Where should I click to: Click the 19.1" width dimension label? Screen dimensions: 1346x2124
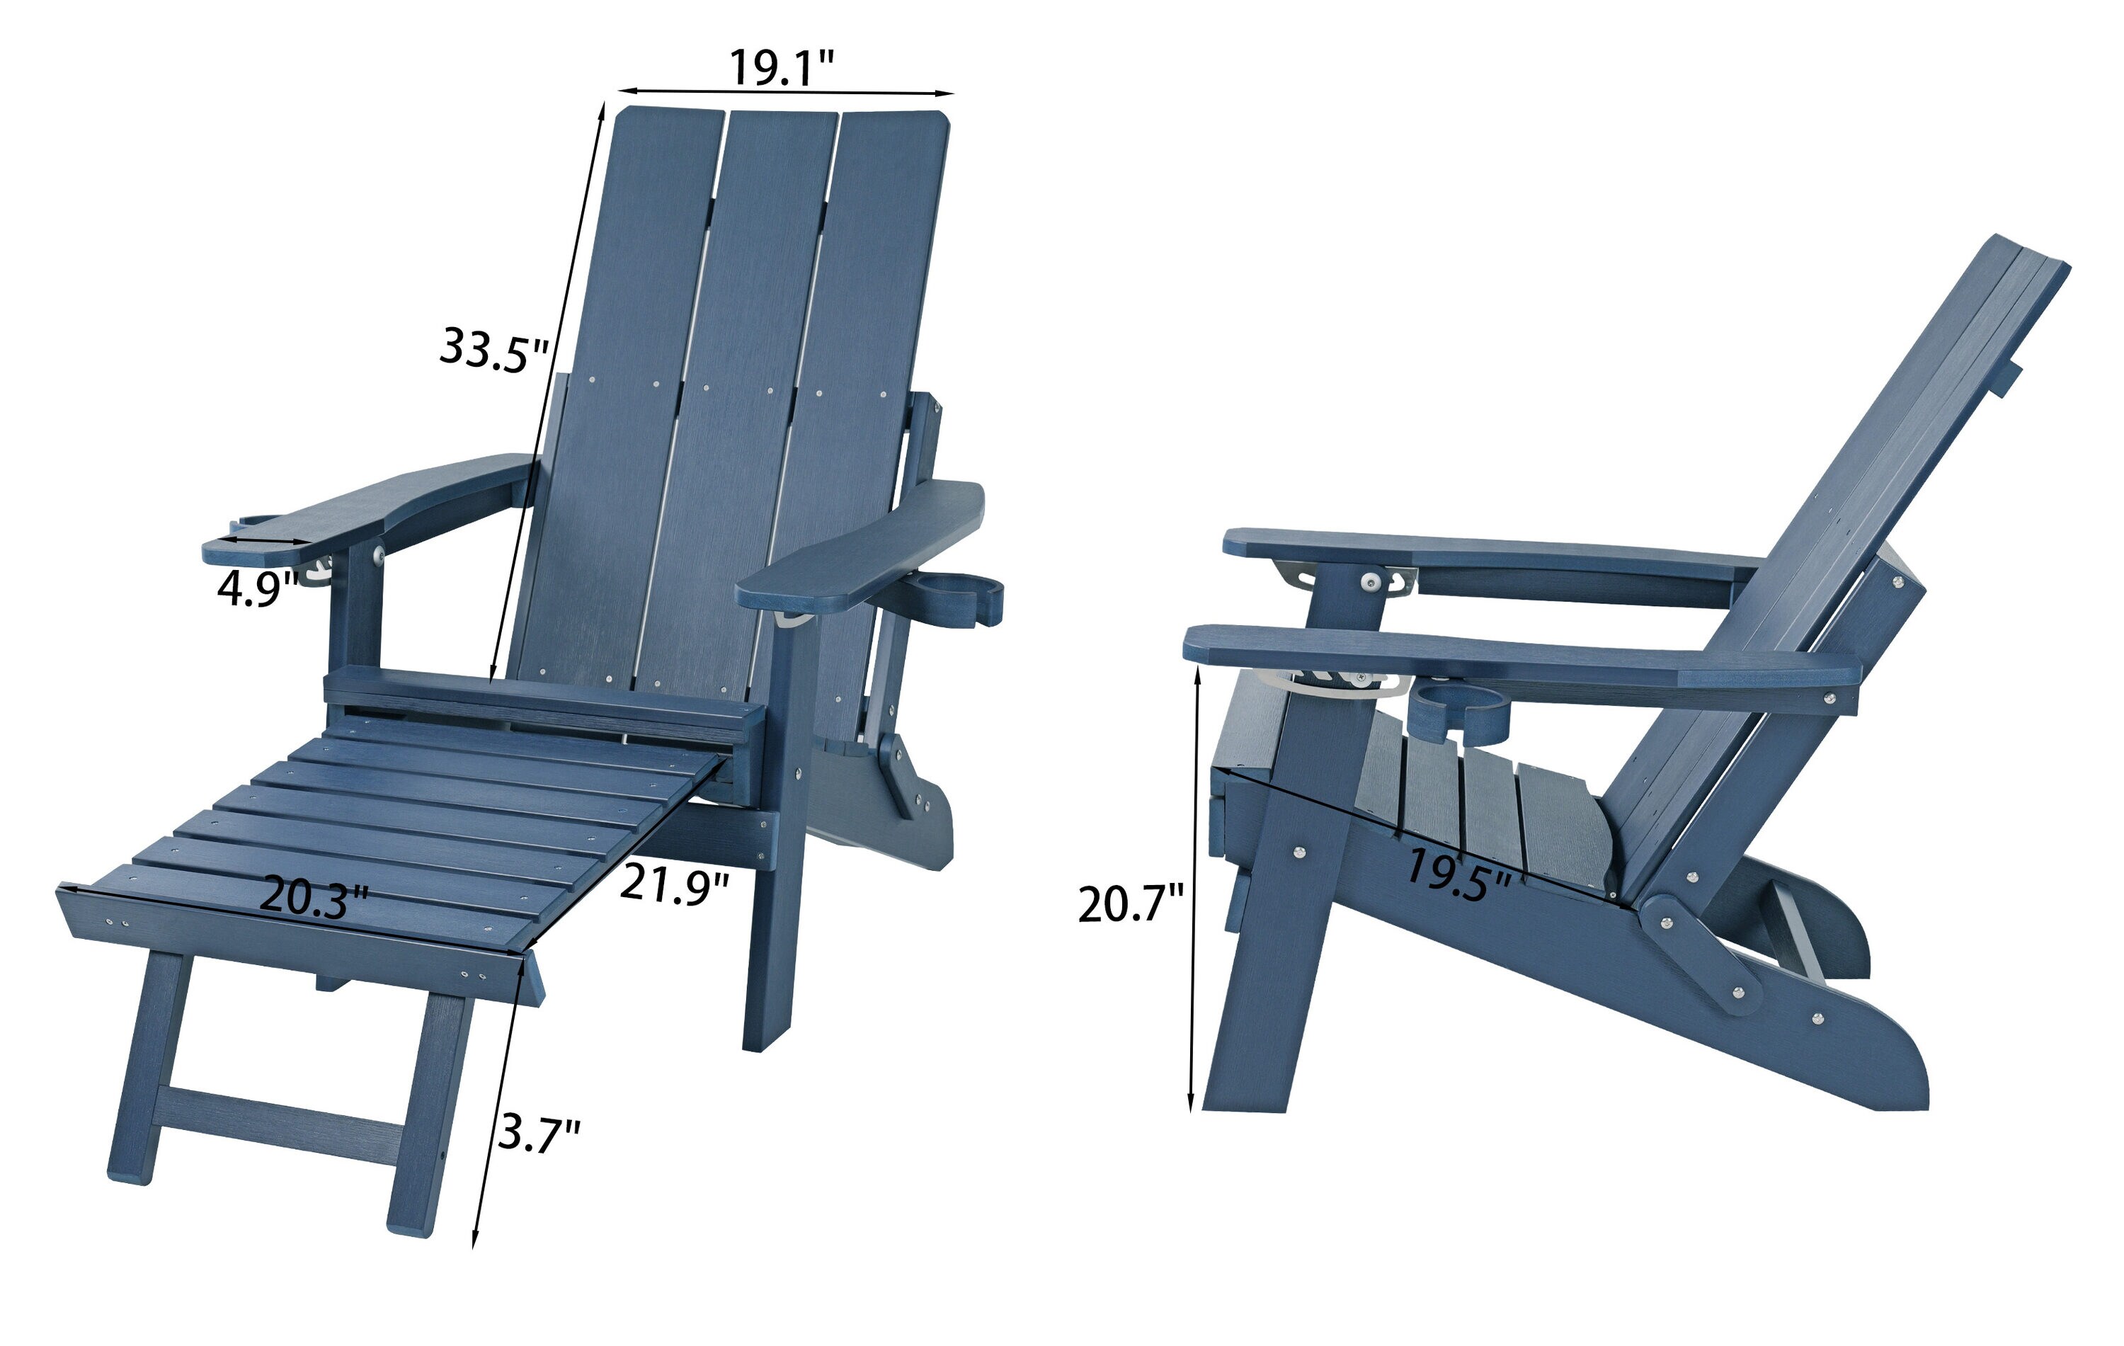click(x=781, y=68)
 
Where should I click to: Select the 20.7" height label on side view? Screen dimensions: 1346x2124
click(x=1130, y=904)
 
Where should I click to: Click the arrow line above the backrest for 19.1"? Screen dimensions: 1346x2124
click(x=785, y=91)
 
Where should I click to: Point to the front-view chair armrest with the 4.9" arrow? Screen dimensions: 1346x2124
click(x=370, y=507)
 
